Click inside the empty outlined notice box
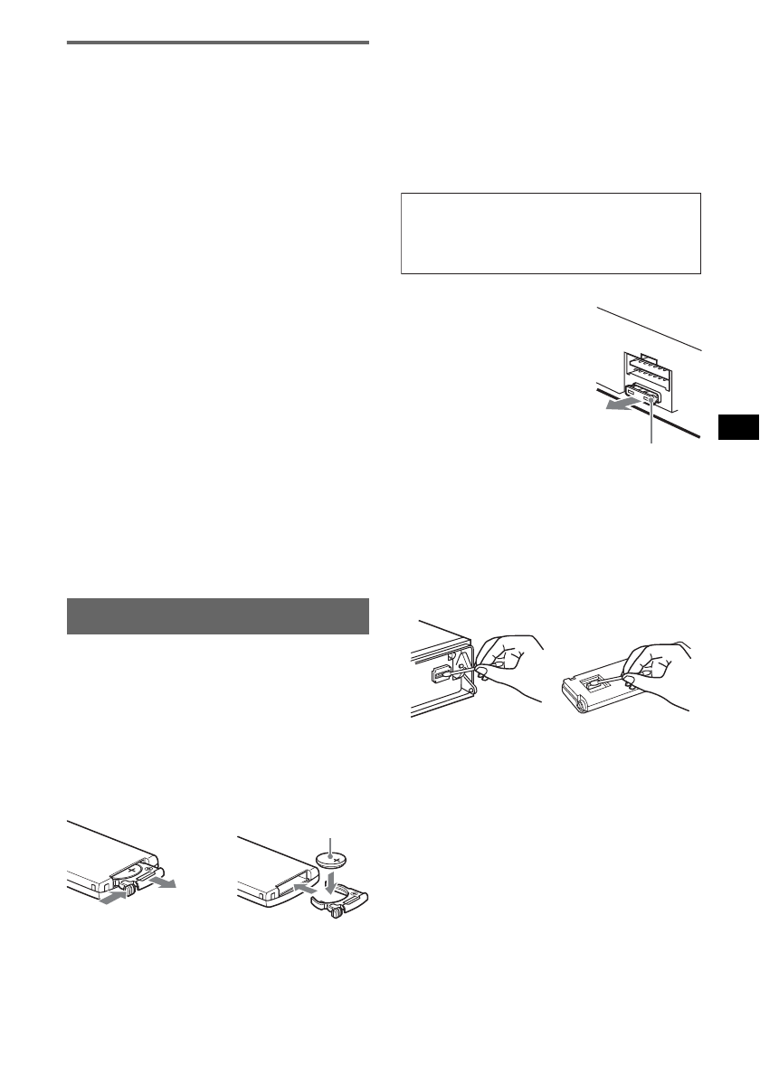point(550,233)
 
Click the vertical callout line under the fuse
point(651,426)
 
